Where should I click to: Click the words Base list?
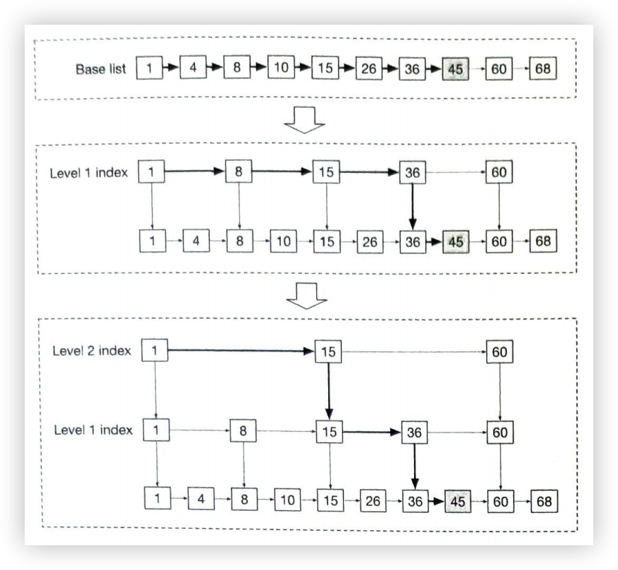101,69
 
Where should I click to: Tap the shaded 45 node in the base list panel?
455,69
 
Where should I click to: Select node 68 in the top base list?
542,69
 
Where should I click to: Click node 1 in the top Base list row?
149,69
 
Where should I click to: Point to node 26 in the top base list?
369,69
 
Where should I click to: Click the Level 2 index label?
91,351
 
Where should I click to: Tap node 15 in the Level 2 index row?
328,352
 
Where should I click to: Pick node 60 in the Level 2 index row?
499,352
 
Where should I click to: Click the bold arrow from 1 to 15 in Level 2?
240,352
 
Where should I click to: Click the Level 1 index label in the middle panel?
88,172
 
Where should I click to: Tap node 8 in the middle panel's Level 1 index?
238,172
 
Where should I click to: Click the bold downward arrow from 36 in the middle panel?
412,206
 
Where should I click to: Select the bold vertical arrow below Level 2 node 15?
328,391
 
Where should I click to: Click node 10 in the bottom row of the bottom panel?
287,500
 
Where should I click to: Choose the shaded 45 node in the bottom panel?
457,501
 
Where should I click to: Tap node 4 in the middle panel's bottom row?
196,242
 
